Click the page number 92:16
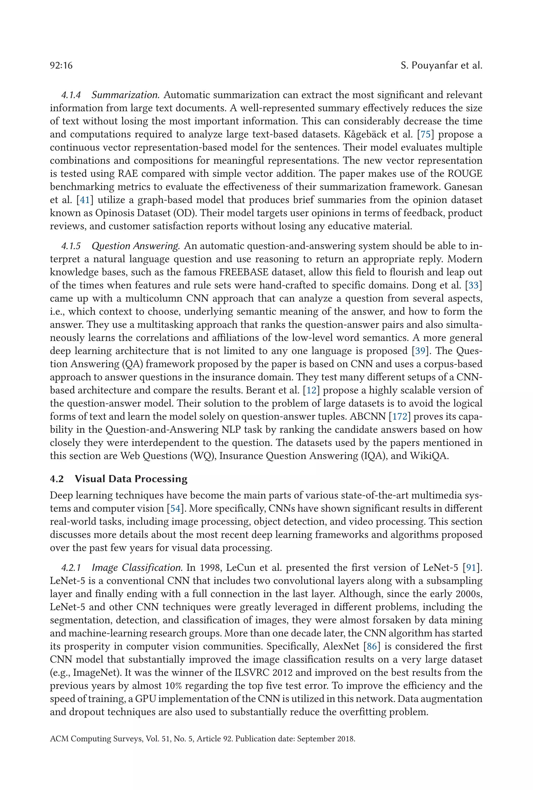coord(61,65)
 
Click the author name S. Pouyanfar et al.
coord(441,65)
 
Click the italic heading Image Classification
coord(137,567)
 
